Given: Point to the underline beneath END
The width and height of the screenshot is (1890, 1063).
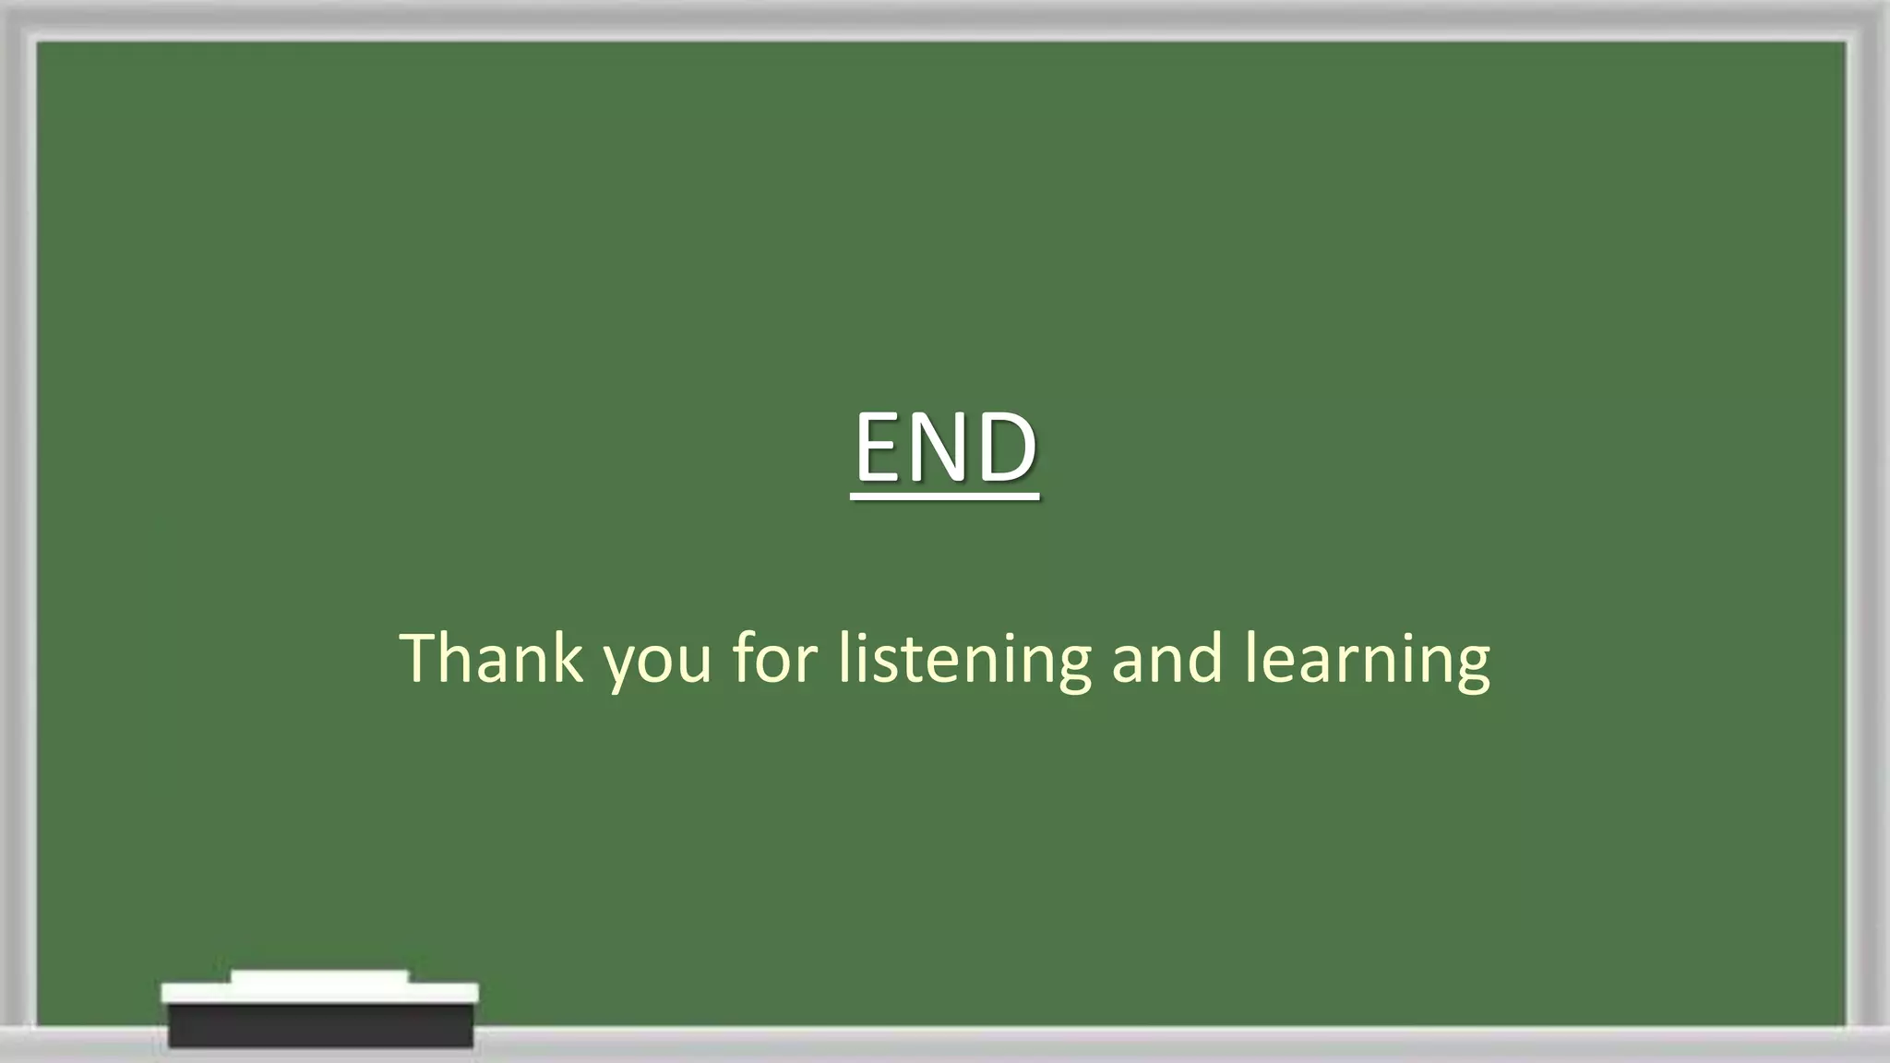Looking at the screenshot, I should pos(945,497).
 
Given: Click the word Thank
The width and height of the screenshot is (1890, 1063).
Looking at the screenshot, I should pos(492,657).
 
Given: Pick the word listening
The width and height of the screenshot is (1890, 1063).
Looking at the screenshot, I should pos(964,659).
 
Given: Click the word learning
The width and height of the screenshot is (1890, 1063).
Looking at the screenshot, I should pos(1367,659).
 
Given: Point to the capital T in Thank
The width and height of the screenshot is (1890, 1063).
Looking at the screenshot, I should pos(420,657).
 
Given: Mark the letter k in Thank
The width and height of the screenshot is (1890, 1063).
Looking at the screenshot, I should pos(568,657).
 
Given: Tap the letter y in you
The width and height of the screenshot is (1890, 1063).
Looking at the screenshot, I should pos(620,666).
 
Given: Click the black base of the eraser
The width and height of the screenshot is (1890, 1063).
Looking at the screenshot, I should pos(320,1026).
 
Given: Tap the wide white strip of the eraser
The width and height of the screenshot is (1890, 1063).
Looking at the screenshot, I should pos(320,993).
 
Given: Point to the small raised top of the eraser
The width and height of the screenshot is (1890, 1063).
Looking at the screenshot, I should pos(319,976).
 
